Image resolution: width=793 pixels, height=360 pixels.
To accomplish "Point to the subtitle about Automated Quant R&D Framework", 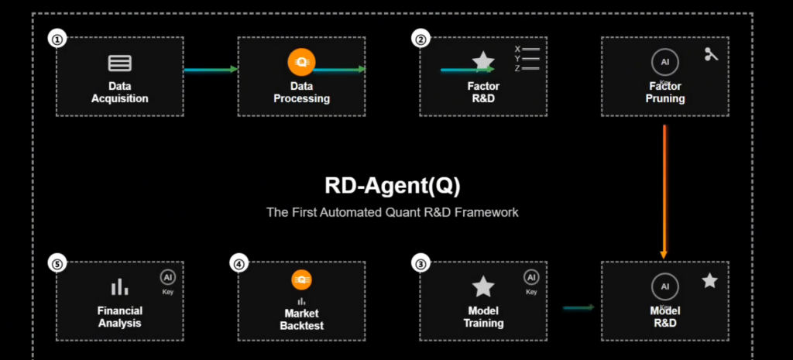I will click(x=393, y=211).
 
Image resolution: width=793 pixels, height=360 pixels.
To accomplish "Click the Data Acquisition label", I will click(x=119, y=93).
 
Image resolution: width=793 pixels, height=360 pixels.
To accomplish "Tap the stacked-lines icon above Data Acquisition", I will click(x=119, y=63).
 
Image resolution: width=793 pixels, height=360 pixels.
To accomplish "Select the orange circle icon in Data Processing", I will click(x=301, y=61).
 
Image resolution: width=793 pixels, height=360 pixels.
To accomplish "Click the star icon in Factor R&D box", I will click(x=483, y=61).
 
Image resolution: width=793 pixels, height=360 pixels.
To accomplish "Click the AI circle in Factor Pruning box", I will click(x=664, y=61).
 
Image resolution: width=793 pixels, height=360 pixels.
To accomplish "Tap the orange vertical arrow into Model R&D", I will click(x=664, y=190).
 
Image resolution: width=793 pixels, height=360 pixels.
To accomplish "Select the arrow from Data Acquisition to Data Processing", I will click(x=211, y=70).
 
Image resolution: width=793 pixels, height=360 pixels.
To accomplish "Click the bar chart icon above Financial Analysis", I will click(x=119, y=287).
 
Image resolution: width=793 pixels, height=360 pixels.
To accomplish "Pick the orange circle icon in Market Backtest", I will click(x=301, y=280).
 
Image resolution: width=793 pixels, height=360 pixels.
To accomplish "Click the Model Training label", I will click(x=483, y=317).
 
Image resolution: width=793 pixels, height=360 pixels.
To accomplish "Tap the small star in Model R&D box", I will click(x=709, y=281).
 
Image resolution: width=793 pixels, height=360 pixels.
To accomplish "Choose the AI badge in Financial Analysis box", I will click(x=168, y=277).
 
